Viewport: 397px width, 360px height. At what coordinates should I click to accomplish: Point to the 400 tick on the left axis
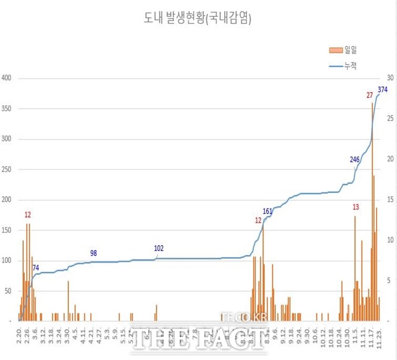coord(7,78)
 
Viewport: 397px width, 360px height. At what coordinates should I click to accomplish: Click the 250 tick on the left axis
coord(7,169)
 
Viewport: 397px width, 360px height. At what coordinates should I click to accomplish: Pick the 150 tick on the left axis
coord(7,230)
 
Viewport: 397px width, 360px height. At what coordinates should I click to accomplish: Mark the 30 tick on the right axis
coord(390,78)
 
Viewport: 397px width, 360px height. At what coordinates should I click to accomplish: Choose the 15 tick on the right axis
coord(390,200)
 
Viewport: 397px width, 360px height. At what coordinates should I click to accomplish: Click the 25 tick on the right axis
coord(390,119)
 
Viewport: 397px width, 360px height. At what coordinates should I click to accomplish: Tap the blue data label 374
coord(383,90)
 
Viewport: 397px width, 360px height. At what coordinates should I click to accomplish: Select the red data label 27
coord(370,95)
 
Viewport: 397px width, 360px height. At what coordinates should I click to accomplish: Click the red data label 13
coord(355,207)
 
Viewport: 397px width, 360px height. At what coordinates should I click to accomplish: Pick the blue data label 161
coord(267,212)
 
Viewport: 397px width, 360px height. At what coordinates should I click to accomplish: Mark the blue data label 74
coord(36,268)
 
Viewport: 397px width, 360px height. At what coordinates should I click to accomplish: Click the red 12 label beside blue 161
coord(258,220)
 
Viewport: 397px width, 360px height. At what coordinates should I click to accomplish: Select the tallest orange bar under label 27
coord(372,211)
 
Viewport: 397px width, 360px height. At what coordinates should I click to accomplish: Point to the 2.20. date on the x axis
coord(19,340)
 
